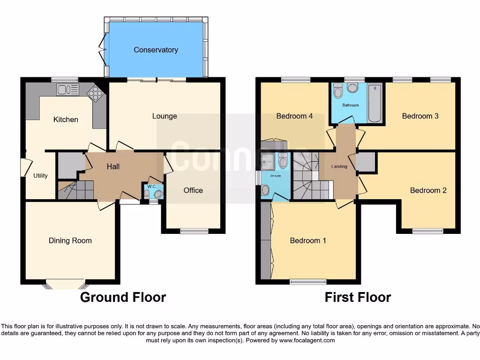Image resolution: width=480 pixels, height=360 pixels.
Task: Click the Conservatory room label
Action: (x=156, y=50)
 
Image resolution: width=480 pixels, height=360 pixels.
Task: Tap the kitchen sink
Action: (x=67, y=89)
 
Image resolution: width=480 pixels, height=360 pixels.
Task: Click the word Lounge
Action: (x=165, y=116)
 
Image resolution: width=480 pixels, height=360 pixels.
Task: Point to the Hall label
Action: (x=113, y=166)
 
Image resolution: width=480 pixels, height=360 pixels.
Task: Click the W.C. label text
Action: (x=151, y=187)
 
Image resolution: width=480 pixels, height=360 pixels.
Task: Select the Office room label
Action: (x=193, y=190)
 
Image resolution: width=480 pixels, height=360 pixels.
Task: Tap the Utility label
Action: (x=40, y=176)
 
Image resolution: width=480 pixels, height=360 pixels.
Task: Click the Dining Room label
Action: (x=70, y=240)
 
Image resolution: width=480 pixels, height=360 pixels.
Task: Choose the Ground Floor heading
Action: (x=123, y=297)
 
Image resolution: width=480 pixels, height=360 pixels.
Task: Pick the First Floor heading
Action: (x=358, y=297)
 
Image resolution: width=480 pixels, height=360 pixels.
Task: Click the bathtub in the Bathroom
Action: (x=375, y=103)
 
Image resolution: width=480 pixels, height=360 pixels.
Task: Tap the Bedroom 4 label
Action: (x=294, y=116)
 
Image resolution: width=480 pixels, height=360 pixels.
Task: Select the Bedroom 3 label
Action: (x=420, y=116)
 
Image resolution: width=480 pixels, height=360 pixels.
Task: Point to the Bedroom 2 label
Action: (x=428, y=190)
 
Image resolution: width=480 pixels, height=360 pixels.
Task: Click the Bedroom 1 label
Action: (x=308, y=240)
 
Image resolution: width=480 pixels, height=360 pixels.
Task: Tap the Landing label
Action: (x=339, y=166)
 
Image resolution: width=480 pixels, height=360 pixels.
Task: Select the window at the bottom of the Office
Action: (x=194, y=231)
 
